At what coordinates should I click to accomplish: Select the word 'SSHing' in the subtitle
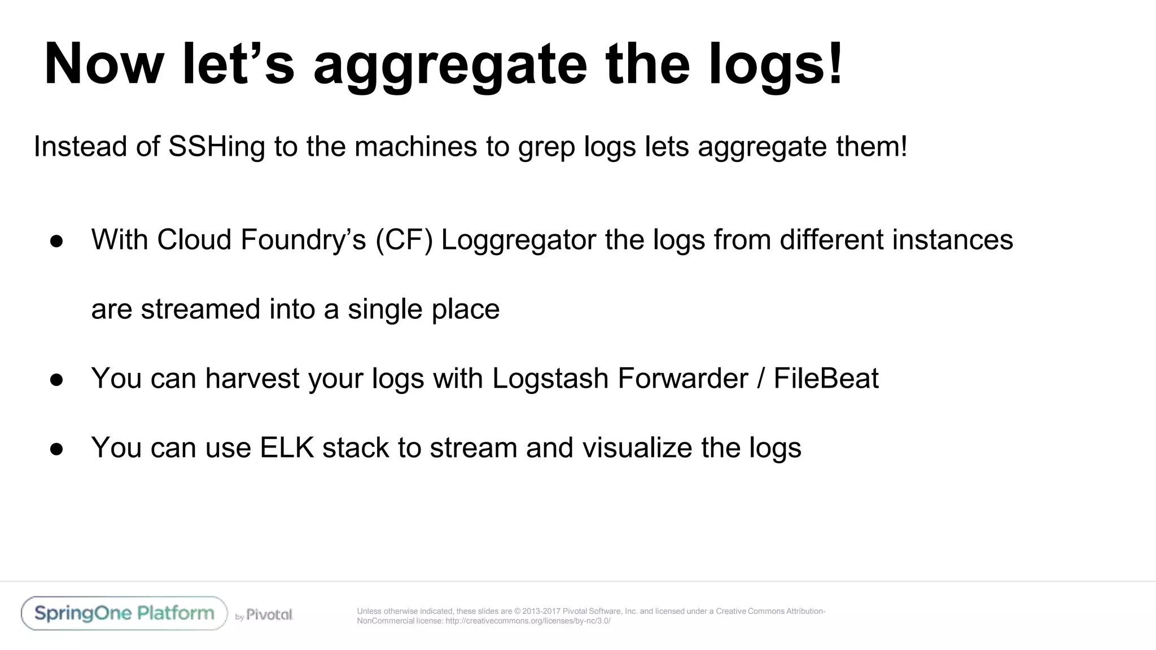(217, 147)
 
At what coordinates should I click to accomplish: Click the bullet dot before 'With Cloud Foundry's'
(56, 241)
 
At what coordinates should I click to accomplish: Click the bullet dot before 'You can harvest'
(56, 380)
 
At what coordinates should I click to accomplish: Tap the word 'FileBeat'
(826, 379)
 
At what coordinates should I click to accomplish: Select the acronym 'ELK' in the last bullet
(287, 448)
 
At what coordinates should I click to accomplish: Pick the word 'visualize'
(637, 448)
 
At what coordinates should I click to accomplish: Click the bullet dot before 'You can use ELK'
(56, 449)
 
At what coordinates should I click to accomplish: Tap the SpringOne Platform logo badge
(124, 613)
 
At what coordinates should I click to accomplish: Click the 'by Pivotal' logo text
(264, 615)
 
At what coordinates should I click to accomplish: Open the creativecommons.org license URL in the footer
(528, 621)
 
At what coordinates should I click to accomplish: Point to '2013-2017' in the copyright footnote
(541, 611)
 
